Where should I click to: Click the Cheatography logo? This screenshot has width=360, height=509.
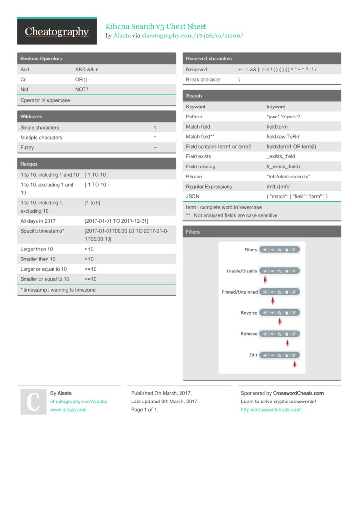pos(57,32)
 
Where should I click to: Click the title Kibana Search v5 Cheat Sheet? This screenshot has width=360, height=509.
pos(156,26)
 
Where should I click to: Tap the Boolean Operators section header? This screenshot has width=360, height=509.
pos(41,59)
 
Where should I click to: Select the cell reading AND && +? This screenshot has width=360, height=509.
pos(87,70)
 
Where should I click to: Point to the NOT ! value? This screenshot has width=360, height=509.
pos(82,89)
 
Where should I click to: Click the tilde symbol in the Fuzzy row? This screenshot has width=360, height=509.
pos(155,148)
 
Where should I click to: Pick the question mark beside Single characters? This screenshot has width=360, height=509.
pos(155,128)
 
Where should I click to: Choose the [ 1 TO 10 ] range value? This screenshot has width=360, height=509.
pos(97,175)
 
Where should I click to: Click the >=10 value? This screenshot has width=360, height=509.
pos(91,269)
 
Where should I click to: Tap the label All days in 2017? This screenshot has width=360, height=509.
pos(38,221)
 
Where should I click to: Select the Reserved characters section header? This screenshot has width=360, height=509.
pos(209,59)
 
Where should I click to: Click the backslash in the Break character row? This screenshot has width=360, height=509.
pos(239,80)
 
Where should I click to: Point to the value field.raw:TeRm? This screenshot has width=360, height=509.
pos(284,137)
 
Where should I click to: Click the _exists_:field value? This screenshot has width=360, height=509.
pos(281,156)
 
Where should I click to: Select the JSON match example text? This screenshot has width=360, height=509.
pos(297,196)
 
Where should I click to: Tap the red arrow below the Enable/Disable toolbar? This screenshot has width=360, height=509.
pos(265,279)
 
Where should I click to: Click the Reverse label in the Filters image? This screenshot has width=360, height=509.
pos(249,313)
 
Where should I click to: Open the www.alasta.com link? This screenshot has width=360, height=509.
pos(69,410)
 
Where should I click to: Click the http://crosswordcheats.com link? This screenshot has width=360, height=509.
pos(271,410)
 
